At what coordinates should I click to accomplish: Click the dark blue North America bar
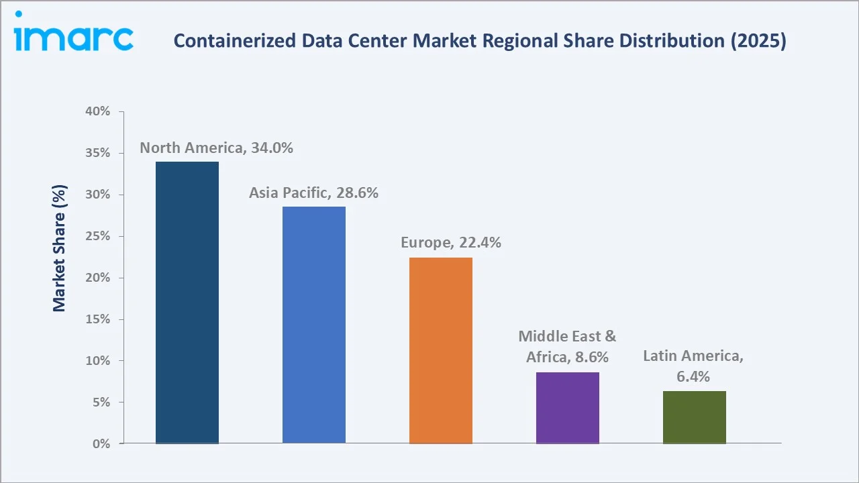(x=187, y=303)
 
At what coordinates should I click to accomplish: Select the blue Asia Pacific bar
(x=314, y=325)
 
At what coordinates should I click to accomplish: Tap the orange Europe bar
(x=441, y=350)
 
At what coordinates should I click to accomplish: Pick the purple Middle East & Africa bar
(x=568, y=408)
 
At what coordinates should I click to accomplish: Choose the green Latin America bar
(x=695, y=417)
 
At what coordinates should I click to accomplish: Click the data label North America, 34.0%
(x=216, y=148)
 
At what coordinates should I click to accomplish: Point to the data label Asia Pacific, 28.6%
(x=314, y=193)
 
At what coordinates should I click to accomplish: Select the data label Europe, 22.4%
(x=451, y=243)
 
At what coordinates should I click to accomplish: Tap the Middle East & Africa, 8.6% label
(x=567, y=347)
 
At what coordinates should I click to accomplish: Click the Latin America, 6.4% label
(x=693, y=366)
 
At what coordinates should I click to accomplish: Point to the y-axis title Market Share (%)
(x=60, y=248)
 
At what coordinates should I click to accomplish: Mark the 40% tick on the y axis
(x=98, y=111)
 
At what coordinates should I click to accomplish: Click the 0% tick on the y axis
(x=101, y=444)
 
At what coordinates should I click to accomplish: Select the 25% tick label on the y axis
(x=98, y=236)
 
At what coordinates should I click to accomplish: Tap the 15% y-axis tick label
(x=98, y=319)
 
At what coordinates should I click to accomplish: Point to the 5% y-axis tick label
(x=101, y=402)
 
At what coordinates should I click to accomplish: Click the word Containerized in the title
(x=223, y=41)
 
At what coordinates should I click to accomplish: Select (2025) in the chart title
(x=760, y=41)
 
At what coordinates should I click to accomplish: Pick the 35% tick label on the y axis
(x=98, y=153)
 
